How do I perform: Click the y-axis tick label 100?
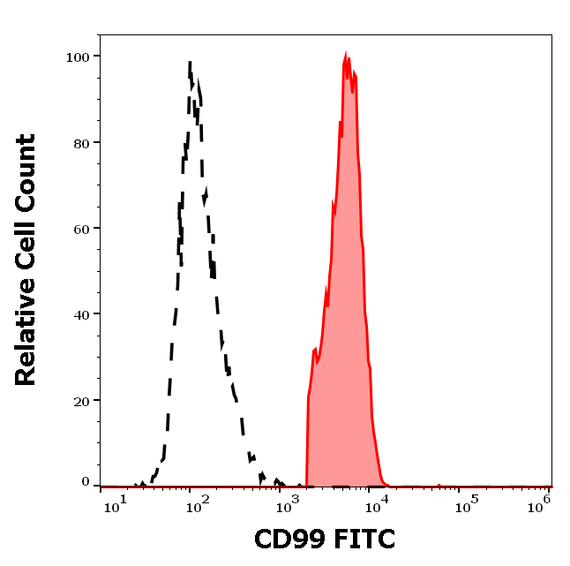tap(78, 57)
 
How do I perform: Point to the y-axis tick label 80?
tap(81, 142)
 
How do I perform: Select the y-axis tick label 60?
tap(81, 228)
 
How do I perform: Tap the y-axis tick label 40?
tap(81, 313)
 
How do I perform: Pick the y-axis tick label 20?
tap(81, 400)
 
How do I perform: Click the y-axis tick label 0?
tap(86, 482)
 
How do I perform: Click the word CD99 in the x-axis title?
tap(289, 539)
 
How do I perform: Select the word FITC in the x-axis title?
tap(362, 539)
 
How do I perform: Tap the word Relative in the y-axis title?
tap(26, 339)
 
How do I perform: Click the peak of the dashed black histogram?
tap(190, 62)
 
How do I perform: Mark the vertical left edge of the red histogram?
tap(307, 441)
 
